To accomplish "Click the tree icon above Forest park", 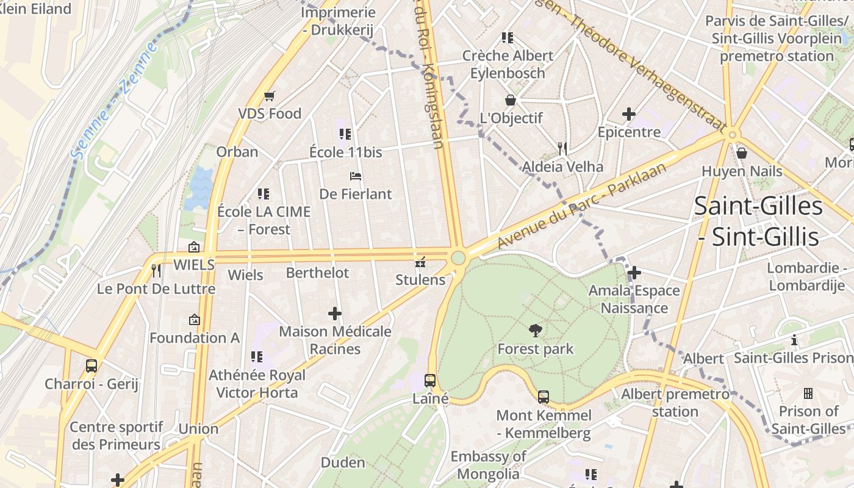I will (536, 331).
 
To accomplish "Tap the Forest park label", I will (536, 349).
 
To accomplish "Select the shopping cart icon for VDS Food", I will (270, 96).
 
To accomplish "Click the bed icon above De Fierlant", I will (356, 176).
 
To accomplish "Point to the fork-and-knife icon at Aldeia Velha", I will (562, 148).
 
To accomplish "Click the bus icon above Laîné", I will (430, 381).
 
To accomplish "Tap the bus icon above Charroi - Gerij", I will (91, 366).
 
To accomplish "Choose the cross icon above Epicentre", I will (629, 114).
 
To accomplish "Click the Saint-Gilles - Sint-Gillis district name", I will (758, 221).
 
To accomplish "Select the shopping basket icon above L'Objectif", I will (511, 100).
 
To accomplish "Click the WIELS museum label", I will (194, 265).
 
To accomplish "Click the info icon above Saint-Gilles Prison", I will (794, 340).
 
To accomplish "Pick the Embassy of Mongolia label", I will (488, 465).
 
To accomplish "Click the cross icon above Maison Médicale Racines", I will (335, 314).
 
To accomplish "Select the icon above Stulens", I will (420, 263).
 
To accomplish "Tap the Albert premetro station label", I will (675, 403).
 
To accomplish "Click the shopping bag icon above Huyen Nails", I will (742, 152).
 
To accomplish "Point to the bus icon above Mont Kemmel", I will (544, 397).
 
